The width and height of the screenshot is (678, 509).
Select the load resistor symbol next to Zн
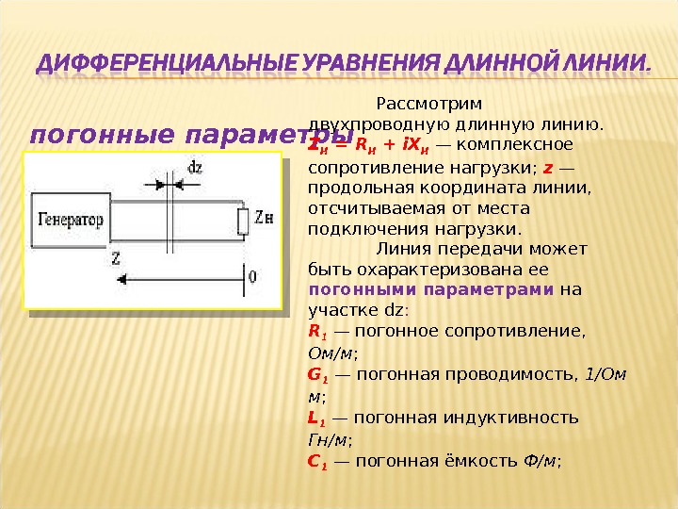240,222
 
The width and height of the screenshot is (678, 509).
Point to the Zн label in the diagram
263,222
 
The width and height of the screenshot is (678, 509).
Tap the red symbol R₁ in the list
316,332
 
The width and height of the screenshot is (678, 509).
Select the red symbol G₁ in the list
317,375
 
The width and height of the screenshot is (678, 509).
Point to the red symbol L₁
316,418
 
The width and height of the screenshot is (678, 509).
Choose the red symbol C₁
317,461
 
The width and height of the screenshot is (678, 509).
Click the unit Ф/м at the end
541,461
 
